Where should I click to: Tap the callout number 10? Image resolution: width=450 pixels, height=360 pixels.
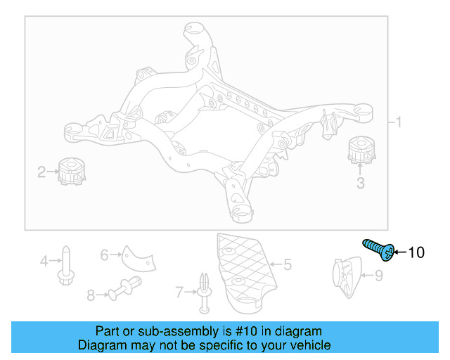416,252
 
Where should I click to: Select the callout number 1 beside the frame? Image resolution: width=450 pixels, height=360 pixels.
398,123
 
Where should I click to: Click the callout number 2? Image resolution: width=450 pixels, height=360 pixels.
41,171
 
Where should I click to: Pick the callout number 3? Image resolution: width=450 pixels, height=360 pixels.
360,184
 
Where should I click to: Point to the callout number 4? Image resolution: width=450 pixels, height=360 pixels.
44,262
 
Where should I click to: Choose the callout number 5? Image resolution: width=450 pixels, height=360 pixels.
287,265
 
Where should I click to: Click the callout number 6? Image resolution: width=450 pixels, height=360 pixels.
104,255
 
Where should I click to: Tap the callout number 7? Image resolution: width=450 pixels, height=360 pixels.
179,290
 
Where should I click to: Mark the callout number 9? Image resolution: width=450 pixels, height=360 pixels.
378,276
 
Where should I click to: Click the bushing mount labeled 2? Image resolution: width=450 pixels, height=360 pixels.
70,172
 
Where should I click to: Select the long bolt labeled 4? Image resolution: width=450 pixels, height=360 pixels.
65,264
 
